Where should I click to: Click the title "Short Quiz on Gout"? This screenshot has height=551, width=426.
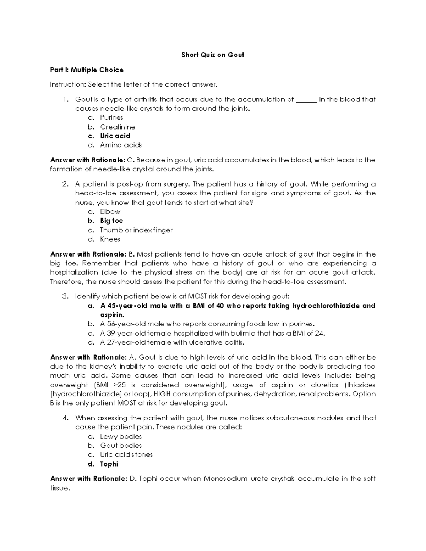[x=213, y=55]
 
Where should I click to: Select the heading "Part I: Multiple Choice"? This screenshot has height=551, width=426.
[x=87, y=70]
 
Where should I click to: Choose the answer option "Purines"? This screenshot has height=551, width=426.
[x=111, y=117]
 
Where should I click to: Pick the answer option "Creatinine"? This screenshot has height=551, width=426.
[x=118, y=127]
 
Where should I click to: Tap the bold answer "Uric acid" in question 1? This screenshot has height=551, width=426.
[x=115, y=136]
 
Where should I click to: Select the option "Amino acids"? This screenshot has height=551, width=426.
[x=121, y=145]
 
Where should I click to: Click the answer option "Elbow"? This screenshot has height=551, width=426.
[x=110, y=212]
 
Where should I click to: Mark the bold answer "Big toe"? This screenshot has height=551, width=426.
[x=111, y=221]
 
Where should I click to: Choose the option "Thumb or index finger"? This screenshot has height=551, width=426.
[x=136, y=230]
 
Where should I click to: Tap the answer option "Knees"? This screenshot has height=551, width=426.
[x=110, y=239]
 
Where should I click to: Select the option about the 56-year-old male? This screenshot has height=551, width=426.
[x=207, y=324]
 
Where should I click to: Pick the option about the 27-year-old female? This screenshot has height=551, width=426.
[x=172, y=342]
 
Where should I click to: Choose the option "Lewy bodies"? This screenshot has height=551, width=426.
[x=121, y=436]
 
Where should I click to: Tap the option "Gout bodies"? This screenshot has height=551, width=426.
[x=121, y=446]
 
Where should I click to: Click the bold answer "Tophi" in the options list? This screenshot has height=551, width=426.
[x=109, y=464]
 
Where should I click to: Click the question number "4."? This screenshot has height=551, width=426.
[x=65, y=418]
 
